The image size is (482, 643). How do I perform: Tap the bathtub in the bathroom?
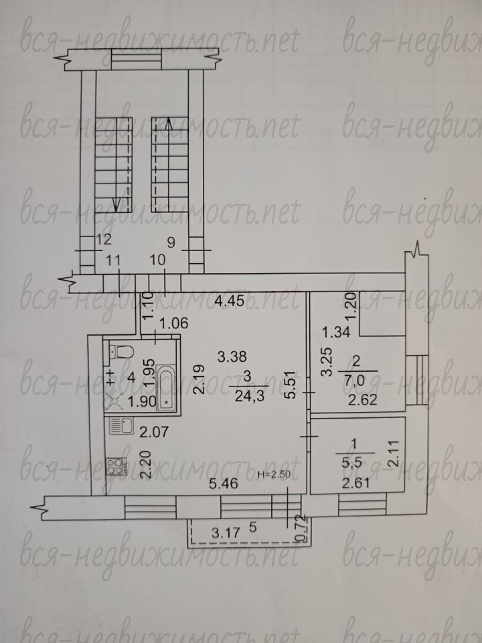pyautogui.click(x=166, y=388)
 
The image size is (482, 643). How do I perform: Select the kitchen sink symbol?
pyautogui.click(x=122, y=426)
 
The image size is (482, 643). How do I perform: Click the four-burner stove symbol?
pyautogui.click(x=116, y=466)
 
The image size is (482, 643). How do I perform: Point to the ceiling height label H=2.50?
pyautogui.click(x=274, y=475)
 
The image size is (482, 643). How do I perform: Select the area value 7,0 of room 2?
pyautogui.click(x=355, y=380)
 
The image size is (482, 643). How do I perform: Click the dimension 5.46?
pyautogui.click(x=224, y=484)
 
